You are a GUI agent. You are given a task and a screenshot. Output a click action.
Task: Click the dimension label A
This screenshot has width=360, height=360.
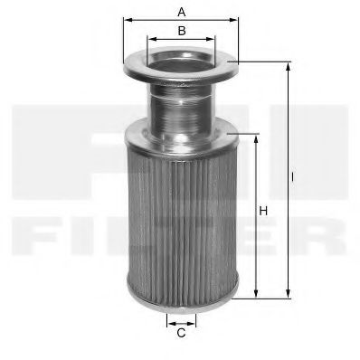click(182, 12)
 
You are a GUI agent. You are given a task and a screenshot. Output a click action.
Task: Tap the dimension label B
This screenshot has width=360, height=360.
click(182, 31)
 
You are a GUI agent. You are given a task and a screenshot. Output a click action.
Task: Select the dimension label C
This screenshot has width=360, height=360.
click(181, 333)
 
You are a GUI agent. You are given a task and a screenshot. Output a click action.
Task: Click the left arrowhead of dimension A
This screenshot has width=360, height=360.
click(126, 19)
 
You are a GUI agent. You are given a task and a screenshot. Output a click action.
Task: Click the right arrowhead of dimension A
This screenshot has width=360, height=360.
click(236, 19)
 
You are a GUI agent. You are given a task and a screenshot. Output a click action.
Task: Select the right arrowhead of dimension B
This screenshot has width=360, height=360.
click(214, 39)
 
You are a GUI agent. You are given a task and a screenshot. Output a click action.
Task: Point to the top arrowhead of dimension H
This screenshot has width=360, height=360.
click(258, 136)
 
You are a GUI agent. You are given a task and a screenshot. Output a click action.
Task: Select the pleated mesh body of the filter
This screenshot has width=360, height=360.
click(180, 217)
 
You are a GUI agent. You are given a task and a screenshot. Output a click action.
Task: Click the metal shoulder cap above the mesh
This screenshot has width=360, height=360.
click(180, 136)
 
